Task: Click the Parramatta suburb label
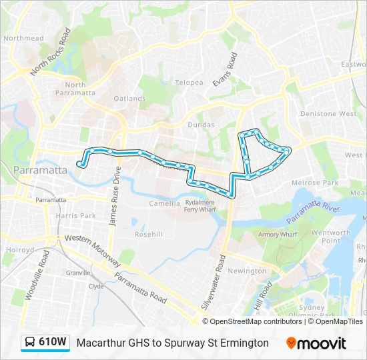pos(40,170)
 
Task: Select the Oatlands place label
pos(129,99)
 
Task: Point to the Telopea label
pos(189,83)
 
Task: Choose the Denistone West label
pos(328,114)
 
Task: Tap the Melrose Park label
pos(315,183)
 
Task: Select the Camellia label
pos(164,203)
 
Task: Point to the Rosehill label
pos(148,234)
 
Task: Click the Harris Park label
pos(76,216)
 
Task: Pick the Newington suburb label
pos(247,271)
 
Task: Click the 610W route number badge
pos(53,342)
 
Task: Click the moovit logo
pos(316,343)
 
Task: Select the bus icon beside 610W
pos(31,343)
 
